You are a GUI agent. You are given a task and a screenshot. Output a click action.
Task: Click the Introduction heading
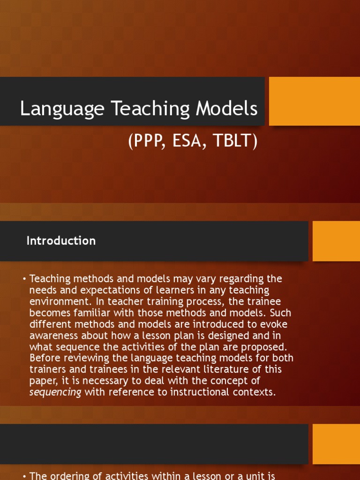61,241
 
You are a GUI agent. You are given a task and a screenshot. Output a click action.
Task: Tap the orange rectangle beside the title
314,101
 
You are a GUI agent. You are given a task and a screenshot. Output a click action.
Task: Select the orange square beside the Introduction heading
336,241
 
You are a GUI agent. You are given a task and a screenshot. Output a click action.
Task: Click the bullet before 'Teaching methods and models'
24,279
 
